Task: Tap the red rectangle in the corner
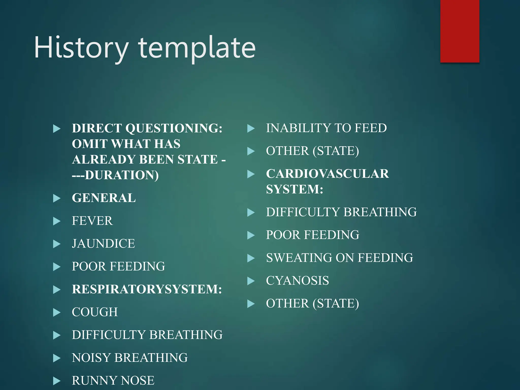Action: coord(460,31)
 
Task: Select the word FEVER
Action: coord(92,221)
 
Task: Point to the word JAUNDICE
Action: coord(103,243)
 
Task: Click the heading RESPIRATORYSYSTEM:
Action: coord(147,289)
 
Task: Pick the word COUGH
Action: coord(95,312)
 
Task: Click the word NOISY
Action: coord(91,358)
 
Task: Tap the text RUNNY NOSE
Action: coord(113,381)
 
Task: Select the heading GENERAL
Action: coord(104,198)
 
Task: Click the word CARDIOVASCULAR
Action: coord(327,174)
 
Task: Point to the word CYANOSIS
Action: coord(297,281)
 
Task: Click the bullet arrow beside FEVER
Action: coord(57,221)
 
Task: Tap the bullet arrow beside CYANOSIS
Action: coord(251,281)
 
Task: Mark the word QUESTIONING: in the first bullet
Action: coord(174,128)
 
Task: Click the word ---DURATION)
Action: coord(115,175)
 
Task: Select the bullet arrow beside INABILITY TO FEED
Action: coord(251,128)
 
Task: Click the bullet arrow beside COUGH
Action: coord(57,313)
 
